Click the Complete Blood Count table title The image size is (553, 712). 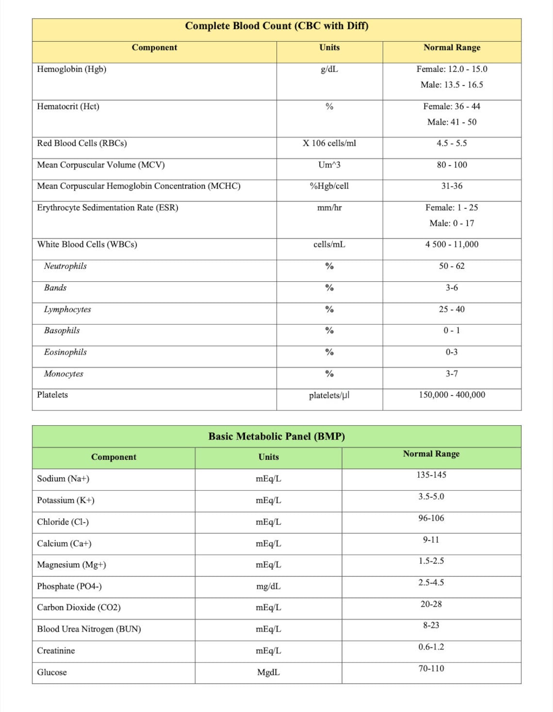[x=276, y=26]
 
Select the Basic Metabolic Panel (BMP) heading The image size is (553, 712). [x=276, y=436]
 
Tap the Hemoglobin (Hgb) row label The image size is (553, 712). [x=72, y=69]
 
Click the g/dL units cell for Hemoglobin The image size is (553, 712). [x=329, y=69]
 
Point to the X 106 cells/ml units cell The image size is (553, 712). [x=329, y=143]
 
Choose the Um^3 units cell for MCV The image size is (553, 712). [x=329, y=165]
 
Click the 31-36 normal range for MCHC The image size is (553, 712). [x=452, y=186]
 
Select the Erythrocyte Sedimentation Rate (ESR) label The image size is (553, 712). [x=108, y=208]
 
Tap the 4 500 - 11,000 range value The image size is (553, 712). [x=452, y=244]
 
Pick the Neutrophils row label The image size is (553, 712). [x=65, y=266]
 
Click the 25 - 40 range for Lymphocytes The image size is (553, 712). [x=452, y=309]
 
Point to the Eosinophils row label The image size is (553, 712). [x=65, y=352]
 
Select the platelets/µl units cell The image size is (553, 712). [x=329, y=395]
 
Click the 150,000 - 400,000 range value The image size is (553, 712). [x=452, y=395]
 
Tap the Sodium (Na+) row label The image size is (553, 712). [x=63, y=479]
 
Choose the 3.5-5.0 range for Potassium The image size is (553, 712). [x=431, y=496]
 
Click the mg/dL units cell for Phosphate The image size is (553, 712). [x=268, y=586]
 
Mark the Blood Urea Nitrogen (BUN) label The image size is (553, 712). [x=89, y=629]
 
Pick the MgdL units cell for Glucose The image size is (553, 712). [x=268, y=672]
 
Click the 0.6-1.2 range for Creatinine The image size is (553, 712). [x=431, y=647]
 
